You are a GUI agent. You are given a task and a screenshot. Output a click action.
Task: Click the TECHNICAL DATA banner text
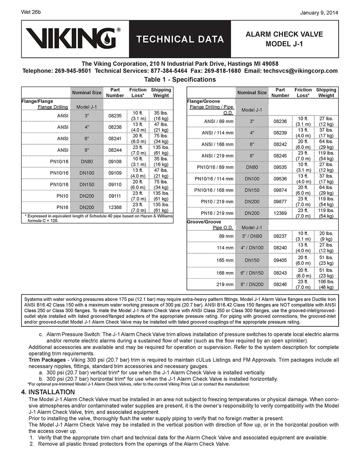(180, 39)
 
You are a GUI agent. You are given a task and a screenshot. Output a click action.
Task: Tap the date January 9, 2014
(319, 13)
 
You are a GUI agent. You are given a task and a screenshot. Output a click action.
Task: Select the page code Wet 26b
(31, 12)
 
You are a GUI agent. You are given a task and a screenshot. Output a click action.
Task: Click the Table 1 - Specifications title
(180, 80)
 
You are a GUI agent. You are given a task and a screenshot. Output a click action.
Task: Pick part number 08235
(115, 116)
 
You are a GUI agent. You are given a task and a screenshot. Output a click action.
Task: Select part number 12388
(115, 208)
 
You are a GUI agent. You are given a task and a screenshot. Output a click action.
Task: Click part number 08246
(280, 284)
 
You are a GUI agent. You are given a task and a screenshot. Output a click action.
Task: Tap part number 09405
(280, 260)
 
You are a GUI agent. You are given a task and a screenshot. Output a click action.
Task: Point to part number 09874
(280, 190)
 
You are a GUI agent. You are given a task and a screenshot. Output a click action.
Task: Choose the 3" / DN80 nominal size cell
(252, 236)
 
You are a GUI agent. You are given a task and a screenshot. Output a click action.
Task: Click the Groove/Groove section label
(204, 222)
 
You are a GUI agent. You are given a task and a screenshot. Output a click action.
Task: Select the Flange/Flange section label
(37, 101)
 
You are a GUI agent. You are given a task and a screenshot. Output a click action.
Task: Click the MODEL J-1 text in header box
(284, 44)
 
